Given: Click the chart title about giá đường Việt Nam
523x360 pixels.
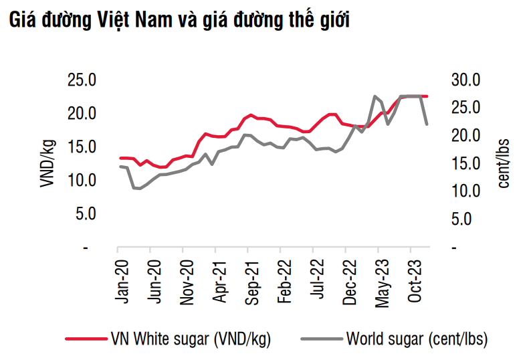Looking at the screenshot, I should [179, 21].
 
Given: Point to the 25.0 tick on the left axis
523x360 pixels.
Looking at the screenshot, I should [83, 80].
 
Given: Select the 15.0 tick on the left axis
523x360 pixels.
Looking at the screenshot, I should [83, 147].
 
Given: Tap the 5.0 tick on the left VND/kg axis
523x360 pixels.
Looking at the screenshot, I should [87, 214].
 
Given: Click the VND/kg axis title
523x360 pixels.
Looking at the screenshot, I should [47, 164].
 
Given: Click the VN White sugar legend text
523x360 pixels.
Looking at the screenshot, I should [190, 339].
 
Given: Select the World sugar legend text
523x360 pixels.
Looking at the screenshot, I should [416, 339].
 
